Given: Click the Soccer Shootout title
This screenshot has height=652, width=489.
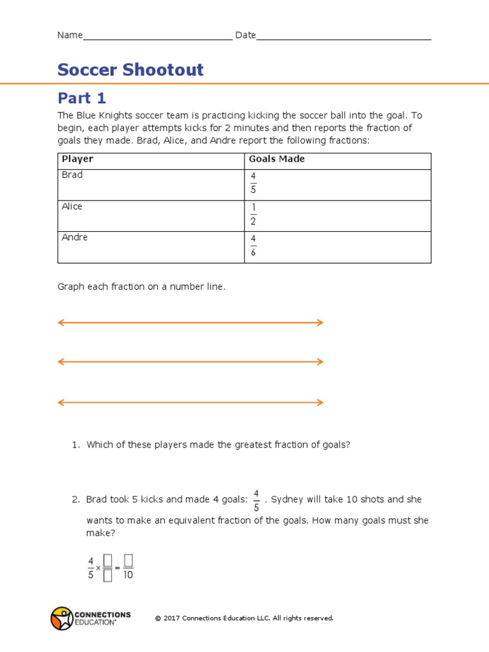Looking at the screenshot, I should [131, 69].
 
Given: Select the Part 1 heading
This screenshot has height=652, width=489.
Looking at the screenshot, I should [81, 98].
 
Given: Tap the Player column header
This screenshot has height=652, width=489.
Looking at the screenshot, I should [77, 159].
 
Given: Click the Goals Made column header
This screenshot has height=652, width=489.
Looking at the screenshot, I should [276, 159].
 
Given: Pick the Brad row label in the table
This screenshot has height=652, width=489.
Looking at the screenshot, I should [72, 174].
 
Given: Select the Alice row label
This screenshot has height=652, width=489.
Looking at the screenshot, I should [72, 206].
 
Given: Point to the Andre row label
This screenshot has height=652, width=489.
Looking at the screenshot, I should [74, 237].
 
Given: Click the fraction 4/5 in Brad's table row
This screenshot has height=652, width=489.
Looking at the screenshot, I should [253, 182].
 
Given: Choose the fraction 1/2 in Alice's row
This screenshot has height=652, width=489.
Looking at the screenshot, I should [253, 214].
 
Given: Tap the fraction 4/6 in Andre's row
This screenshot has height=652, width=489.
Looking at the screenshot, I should [253, 245].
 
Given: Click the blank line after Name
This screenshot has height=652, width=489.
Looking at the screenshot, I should [157, 37].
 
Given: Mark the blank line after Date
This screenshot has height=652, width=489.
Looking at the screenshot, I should [344, 37].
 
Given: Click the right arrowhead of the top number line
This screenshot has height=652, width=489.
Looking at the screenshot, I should [320, 323].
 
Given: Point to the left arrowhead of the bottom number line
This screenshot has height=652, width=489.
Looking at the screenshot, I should [61, 402].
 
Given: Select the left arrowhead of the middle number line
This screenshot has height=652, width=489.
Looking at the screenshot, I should [61, 362].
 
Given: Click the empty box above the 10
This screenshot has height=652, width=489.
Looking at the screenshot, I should [128, 560].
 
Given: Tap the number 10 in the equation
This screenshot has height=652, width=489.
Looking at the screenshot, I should [128, 575].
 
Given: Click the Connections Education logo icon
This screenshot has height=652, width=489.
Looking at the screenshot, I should [62, 618].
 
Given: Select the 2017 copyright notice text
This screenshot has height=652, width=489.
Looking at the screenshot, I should [244, 618].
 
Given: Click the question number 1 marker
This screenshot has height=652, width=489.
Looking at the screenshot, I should [75, 445].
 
